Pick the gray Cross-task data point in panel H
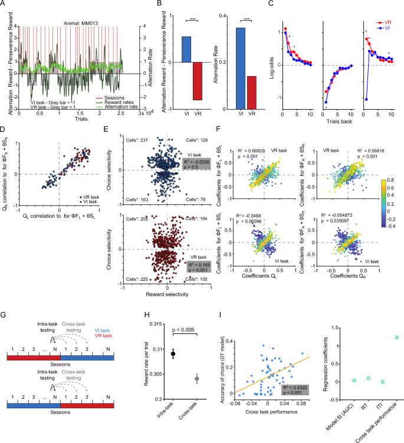click(x=198, y=378)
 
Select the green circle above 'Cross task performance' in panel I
click(x=380, y=337)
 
